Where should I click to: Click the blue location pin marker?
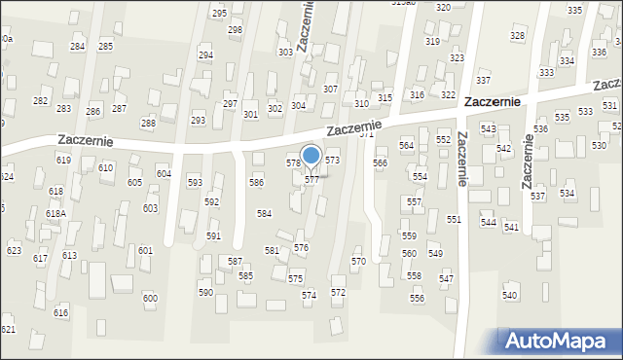point(311,156)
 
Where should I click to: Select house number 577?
point(311,180)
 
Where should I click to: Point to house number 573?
point(332,160)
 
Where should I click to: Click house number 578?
point(293,163)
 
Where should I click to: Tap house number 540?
point(509,295)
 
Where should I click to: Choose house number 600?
point(149,298)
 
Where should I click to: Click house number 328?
point(517,36)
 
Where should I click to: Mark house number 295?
point(219,13)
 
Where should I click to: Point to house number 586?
point(256,182)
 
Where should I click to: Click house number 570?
point(358,262)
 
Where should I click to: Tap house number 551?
point(454,220)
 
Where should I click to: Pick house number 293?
point(198,121)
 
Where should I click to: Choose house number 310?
point(361,103)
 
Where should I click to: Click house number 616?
point(61,312)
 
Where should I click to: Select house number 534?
point(567,194)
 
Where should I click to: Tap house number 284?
point(77,47)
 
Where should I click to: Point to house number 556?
point(417,299)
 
